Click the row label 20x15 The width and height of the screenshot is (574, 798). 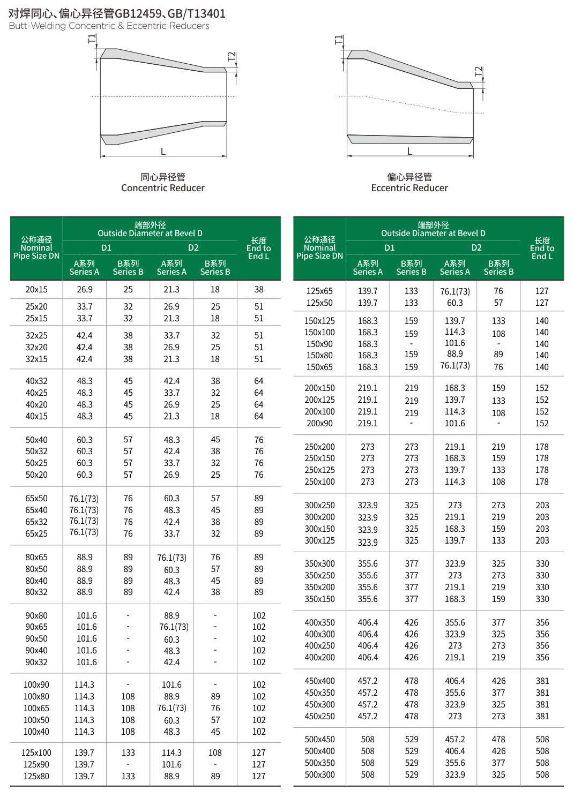(x=36, y=289)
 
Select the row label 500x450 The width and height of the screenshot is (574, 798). (x=319, y=739)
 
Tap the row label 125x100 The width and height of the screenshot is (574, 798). (x=36, y=752)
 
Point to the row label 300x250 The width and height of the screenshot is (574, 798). (x=319, y=505)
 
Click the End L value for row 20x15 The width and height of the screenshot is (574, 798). (x=259, y=289)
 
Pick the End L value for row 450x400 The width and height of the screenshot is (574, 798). (x=542, y=681)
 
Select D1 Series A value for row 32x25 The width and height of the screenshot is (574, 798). (x=85, y=335)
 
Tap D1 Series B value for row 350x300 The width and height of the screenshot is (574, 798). (x=412, y=563)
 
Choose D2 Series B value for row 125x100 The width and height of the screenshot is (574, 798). (x=215, y=752)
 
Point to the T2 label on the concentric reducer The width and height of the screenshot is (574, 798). (x=232, y=57)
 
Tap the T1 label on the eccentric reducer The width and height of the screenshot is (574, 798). (x=338, y=40)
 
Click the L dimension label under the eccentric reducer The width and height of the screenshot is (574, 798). (x=409, y=151)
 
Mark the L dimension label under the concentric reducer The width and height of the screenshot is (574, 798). (x=163, y=151)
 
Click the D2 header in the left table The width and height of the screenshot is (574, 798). (x=193, y=247)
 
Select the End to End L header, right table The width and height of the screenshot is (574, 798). (x=542, y=249)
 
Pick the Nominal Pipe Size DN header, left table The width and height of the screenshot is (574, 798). (x=36, y=248)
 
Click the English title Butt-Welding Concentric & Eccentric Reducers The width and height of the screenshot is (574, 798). (x=109, y=26)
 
